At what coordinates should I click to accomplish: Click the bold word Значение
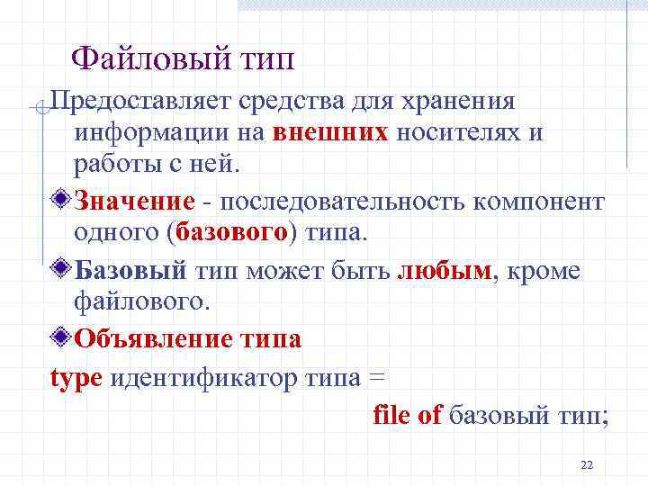coord(135,199)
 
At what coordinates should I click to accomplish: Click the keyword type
coord(76,378)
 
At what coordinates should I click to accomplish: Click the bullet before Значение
coord(61,199)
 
